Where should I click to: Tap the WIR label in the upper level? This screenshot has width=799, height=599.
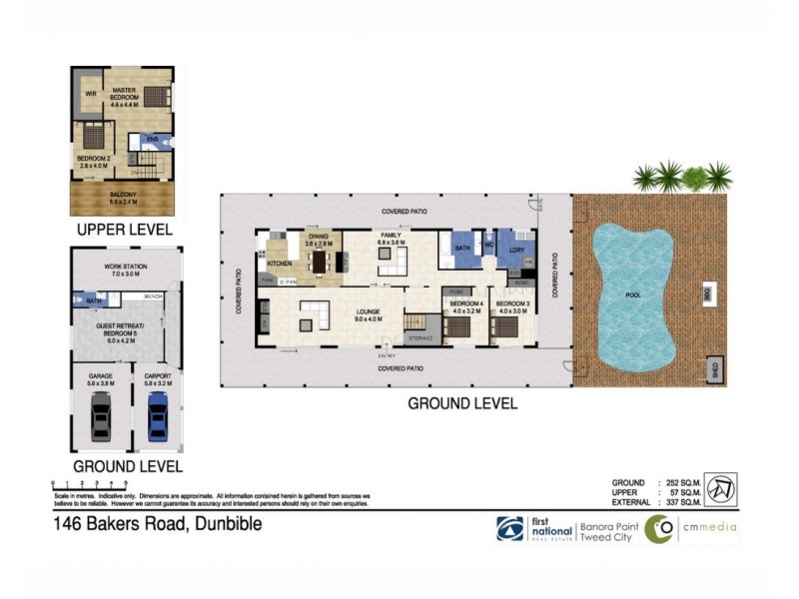pos(90,93)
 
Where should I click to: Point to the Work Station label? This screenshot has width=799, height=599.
pos(124,270)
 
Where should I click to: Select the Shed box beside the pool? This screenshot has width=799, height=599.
pos(715,366)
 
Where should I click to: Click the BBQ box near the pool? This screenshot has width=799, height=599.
pos(706,296)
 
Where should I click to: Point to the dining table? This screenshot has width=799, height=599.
pos(320,262)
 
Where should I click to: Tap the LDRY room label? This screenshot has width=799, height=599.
pos(516,249)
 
